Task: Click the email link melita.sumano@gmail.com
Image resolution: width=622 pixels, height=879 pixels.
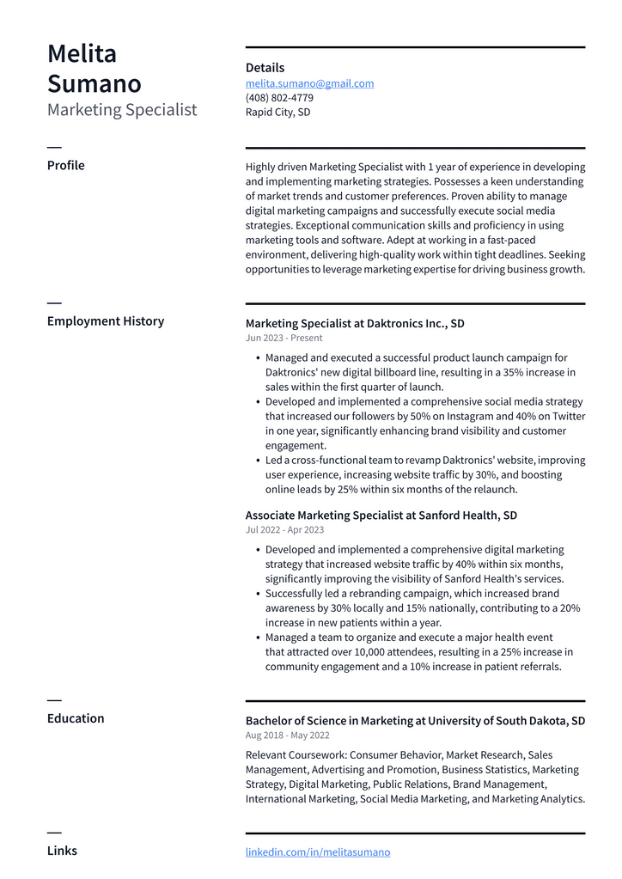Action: pos(309,83)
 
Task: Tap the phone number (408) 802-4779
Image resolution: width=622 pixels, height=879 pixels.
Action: pos(279,98)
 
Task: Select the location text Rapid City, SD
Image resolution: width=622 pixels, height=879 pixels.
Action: pos(277,113)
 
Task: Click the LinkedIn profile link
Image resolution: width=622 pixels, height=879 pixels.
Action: pos(317,852)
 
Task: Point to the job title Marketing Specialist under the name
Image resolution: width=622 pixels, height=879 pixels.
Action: pos(122,110)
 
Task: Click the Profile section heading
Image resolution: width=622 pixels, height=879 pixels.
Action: pos(66,165)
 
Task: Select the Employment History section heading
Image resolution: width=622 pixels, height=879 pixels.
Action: pos(106,321)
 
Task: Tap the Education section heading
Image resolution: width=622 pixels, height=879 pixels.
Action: pos(76,718)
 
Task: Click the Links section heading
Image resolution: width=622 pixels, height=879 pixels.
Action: pos(62,851)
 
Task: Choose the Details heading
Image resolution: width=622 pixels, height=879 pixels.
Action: pos(265,68)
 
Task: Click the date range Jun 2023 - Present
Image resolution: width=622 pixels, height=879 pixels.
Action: pos(284,339)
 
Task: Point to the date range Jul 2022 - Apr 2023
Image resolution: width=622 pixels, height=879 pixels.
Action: pos(284,530)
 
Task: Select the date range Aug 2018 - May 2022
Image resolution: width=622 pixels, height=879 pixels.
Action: pos(287,736)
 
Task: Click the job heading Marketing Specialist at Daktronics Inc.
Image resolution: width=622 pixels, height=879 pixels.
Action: pos(354,324)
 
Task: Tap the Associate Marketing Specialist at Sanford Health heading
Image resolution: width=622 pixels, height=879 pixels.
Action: pos(381,516)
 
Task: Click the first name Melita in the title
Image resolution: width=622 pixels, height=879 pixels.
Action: pos(82,53)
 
